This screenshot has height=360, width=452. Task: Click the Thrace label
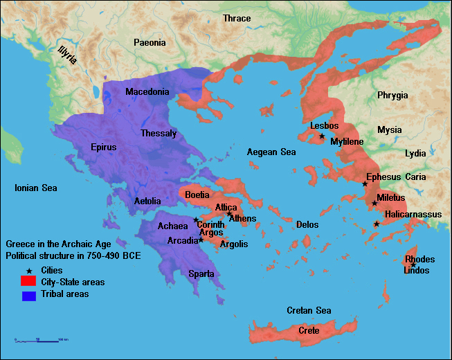237,18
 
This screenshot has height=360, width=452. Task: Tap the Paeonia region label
150,43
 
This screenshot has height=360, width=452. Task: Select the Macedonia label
147,91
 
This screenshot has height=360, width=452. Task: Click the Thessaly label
159,133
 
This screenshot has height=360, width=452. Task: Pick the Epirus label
104,147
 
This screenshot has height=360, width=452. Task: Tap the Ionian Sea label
37,188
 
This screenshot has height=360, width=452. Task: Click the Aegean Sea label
272,152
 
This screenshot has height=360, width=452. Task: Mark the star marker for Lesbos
322,136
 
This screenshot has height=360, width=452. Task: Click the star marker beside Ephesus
365,183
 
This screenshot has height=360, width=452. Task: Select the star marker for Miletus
374,204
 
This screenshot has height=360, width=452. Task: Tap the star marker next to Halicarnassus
377,224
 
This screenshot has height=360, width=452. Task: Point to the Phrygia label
392,96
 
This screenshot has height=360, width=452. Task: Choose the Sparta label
201,273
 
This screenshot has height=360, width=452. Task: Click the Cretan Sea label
309,310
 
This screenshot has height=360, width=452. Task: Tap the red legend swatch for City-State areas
28,282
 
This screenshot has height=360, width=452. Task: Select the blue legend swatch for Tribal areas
28,296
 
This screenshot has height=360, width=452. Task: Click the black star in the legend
28,269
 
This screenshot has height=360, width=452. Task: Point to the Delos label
307,224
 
